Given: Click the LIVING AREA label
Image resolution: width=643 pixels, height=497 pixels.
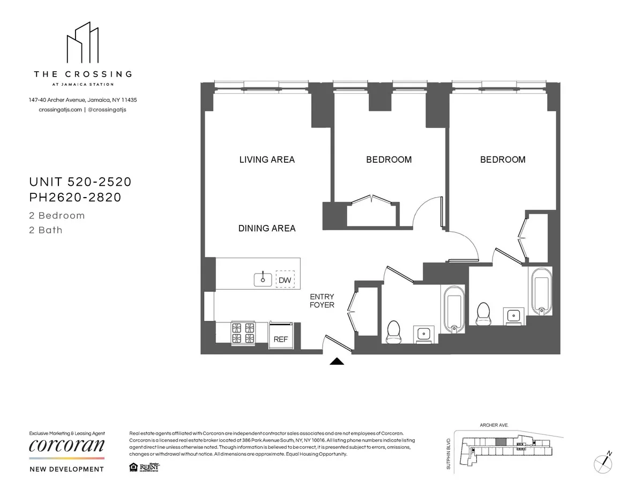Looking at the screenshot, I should click(x=267, y=160).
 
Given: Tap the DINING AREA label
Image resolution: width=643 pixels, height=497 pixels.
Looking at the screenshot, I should click(x=267, y=228).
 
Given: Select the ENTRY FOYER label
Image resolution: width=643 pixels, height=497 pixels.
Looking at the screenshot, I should click(x=322, y=301).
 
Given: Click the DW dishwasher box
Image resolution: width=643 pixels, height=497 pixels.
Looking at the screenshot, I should click(x=285, y=280).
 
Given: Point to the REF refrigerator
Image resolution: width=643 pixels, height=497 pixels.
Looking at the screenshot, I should click(x=281, y=339).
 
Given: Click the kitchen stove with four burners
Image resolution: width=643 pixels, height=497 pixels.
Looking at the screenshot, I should click(x=242, y=333).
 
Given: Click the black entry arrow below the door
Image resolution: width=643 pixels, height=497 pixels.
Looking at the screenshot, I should click(x=336, y=362).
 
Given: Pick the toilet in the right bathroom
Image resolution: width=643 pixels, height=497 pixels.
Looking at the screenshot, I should click(x=484, y=312).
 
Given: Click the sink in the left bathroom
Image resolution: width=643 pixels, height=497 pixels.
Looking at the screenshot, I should click(x=424, y=334).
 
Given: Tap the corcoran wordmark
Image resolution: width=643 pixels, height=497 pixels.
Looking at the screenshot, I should click(x=67, y=446).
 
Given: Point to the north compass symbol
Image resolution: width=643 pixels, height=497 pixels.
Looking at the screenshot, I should click(x=604, y=461).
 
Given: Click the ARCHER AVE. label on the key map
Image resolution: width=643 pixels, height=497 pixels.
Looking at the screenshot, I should click(x=494, y=425).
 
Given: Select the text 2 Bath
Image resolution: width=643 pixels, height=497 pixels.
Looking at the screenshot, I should click(x=46, y=230).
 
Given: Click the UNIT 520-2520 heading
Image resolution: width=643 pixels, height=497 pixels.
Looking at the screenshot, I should click(x=80, y=182).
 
